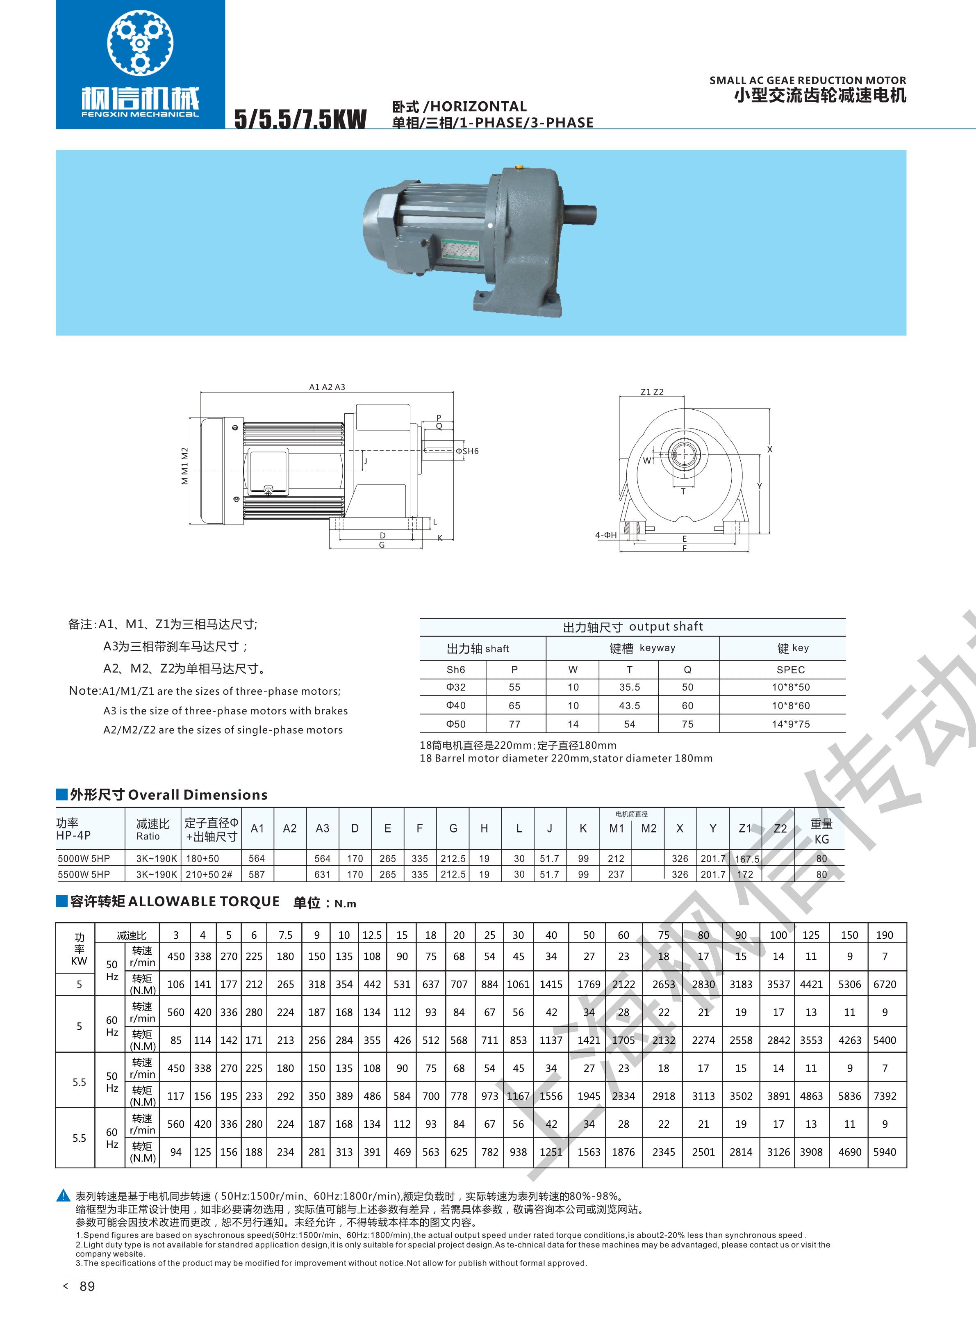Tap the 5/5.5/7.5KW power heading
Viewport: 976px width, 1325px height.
[300, 119]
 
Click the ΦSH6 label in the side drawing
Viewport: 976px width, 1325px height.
[467, 451]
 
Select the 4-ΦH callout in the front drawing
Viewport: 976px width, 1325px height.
[605, 535]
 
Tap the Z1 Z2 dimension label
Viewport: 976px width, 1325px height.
[652, 392]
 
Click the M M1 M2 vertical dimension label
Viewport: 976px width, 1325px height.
[185, 466]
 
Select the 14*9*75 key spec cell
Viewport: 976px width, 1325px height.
[790, 724]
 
